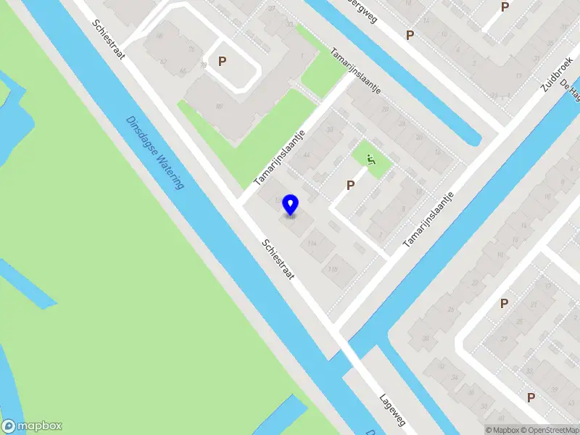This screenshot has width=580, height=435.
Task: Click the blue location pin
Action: pyautogui.click(x=290, y=205)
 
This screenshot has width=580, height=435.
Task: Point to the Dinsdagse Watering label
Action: pyautogui.click(x=155, y=153)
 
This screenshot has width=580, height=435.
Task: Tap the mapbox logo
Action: pyautogui.click(x=32, y=426)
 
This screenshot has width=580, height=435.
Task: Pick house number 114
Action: pyautogui.click(x=312, y=244)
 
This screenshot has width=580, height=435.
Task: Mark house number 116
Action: pyautogui.click(x=333, y=270)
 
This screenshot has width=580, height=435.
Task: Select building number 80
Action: pyautogui.click(x=218, y=107)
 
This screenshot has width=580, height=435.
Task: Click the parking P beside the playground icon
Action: pyautogui.click(x=350, y=185)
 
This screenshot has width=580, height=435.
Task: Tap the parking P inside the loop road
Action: pyautogui.click(x=222, y=62)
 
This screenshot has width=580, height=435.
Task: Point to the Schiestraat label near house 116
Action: pyautogui.click(x=278, y=261)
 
